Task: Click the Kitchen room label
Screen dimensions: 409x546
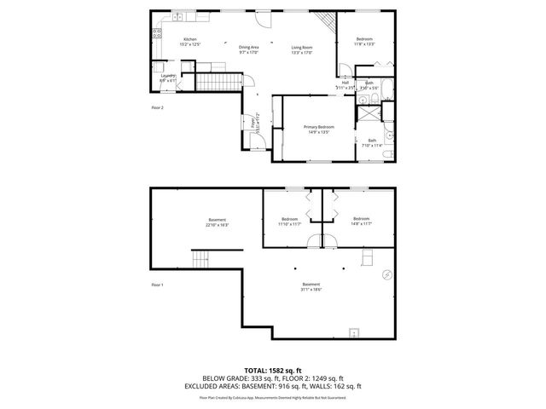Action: (x=191, y=39)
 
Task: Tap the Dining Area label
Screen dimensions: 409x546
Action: (x=249, y=47)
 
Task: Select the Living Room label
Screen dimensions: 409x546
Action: (x=302, y=47)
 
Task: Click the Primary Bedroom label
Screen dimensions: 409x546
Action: (x=319, y=127)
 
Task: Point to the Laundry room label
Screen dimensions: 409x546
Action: (x=168, y=76)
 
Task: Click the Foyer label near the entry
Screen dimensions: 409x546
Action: (x=254, y=124)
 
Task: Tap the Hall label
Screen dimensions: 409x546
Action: (x=346, y=83)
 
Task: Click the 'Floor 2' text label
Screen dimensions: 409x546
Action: (x=157, y=108)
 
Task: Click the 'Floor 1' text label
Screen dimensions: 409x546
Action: (x=157, y=284)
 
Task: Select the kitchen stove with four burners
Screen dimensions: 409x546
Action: (x=156, y=35)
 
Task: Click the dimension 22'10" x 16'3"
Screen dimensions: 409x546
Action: (x=217, y=225)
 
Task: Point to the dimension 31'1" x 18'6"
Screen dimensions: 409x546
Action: (x=311, y=290)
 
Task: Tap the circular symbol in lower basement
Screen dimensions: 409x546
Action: (x=385, y=274)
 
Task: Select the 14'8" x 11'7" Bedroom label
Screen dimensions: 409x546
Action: (x=361, y=220)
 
